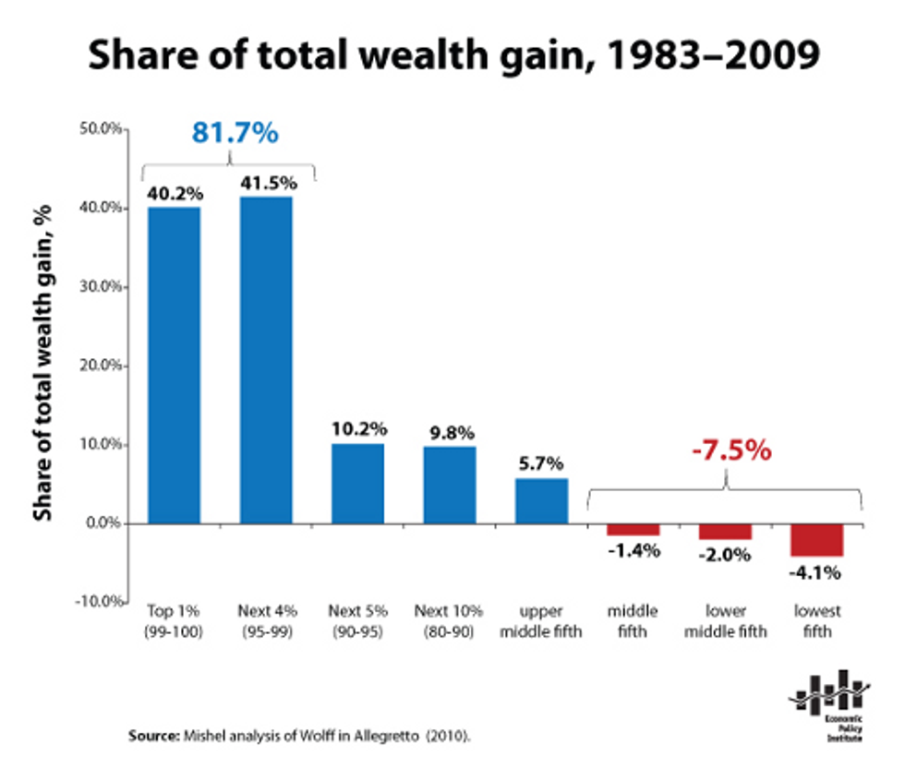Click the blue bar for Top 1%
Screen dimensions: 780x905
pyautogui.click(x=174, y=365)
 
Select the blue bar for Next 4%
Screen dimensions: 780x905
pyautogui.click(x=266, y=360)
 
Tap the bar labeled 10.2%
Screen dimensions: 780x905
pyautogui.click(x=357, y=483)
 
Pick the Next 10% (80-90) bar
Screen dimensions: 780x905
pyautogui.click(x=450, y=485)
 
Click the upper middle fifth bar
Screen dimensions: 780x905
pyautogui.click(x=541, y=500)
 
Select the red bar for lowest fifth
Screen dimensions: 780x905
pyautogui.click(x=816, y=539)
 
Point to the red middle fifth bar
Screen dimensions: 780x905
pyautogui.click(x=633, y=529)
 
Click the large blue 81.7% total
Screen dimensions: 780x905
pyautogui.click(x=235, y=133)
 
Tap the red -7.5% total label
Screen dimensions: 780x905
pyautogui.click(x=730, y=451)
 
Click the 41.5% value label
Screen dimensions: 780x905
pyautogui.click(x=266, y=183)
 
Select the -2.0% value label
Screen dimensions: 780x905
pyautogui.click(x=725, y=556)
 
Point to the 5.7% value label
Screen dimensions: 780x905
pyautogui.click(x=541, y=464)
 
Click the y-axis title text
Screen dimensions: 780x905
pyautogui.click(x=42, y=365)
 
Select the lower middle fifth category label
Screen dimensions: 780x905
pyautogui.click(x=725, y=621)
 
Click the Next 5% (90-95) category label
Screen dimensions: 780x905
pyautogui.click(x=357, y=621)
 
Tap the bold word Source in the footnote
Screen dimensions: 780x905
pyautogui.click(x=151, y=737)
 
